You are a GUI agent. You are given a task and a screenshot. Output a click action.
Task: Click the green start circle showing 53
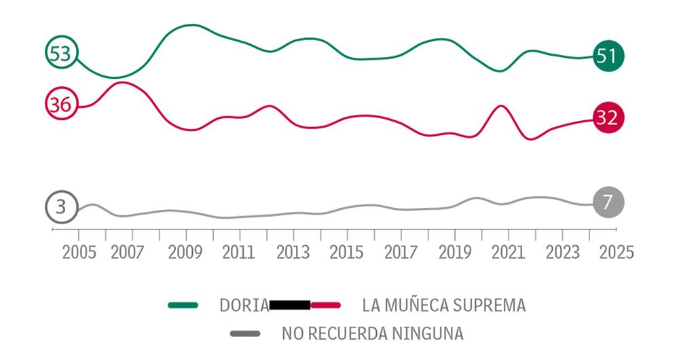pyautogui.click(x=62, y=53)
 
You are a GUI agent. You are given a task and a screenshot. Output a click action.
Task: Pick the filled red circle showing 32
pyautogui.click(x=606, y=118)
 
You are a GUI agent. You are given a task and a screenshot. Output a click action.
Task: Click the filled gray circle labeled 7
pyautogui.click(x=607, y=202)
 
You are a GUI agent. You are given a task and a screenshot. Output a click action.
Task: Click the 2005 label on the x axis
pyautogui.click(x=79, y=252)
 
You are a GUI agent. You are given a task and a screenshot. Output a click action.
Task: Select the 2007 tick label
pyautogui.click(x=126, y=252)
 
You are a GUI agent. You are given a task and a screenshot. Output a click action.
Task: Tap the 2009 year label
pyautogui.click(x=185, y=252)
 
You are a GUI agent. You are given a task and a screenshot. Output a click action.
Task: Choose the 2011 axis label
pyautogui.click(x=238, y=252)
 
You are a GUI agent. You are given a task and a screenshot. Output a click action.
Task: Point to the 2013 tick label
pyautogui.click(x=292, y=252)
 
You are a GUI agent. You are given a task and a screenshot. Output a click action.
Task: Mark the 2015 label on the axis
pyautogui.click(x=346, y=252)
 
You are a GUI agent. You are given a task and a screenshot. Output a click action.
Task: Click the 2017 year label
pyautogui.click(x=400, y=252)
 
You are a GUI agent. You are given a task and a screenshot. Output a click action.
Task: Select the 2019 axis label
pyautogui.click(x=454, y=252)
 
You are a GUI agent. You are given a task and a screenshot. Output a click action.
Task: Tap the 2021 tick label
pyautogui.click(x=508, y=252)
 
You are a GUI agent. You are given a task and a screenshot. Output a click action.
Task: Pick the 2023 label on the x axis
pyautogui.click(x=562, y=252)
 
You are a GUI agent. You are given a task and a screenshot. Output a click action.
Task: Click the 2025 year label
pyautogui.click(x=616, y=252)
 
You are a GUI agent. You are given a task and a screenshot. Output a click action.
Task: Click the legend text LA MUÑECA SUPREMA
pyautogui.click(x=443, y=306)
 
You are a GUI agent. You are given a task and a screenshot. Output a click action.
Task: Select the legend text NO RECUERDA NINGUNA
pyautogui.click(x=373, y=334)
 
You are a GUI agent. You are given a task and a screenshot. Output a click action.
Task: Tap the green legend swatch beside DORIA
pyautogui.click(x=183, y=306)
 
